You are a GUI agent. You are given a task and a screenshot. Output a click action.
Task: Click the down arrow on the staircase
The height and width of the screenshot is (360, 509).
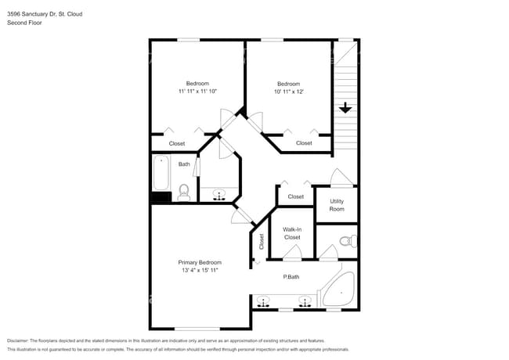click(345, 108)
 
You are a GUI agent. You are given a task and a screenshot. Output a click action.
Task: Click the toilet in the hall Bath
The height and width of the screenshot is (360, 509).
click(185, 190)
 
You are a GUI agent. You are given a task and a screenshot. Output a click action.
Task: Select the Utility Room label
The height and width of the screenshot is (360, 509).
click(337, 205)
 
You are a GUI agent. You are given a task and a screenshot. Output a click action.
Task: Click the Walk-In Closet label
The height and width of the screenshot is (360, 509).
click(292, 232)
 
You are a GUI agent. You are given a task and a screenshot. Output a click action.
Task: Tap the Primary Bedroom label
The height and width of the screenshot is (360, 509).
click(200, 262)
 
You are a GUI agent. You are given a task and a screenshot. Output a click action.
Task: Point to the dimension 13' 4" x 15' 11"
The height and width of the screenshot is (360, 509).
click(200, 271)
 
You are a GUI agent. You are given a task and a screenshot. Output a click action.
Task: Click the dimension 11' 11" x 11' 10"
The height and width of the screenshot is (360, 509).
click(197, 92)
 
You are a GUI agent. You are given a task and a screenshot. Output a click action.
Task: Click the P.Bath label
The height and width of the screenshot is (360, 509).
click(291, 276)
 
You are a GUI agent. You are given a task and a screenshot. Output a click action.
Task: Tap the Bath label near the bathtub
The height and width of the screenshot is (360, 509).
click(184, 164)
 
